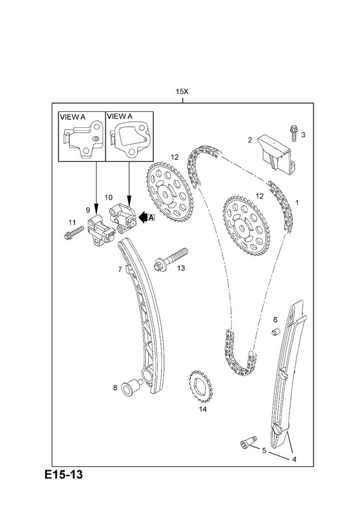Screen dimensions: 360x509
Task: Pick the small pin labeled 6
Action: pos(275,332)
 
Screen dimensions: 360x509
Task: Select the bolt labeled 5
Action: pos(248,442)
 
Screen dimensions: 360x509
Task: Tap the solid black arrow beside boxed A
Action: pos(143,218)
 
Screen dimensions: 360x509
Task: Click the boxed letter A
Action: pos(151,218)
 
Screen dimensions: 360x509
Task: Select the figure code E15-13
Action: pos(64,474)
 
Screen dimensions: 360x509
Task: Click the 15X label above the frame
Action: pos(182,92)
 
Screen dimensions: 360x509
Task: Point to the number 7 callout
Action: pos(120,269)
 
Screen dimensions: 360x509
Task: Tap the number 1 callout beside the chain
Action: pos(296,202)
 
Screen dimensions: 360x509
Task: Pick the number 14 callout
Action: pos(202,409)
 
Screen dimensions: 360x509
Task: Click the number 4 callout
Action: pos(294,459)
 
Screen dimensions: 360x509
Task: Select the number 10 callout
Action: pos(108,197)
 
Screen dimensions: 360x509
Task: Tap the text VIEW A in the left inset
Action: pos(73,117)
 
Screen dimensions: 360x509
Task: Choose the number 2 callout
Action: pos(249,140)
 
